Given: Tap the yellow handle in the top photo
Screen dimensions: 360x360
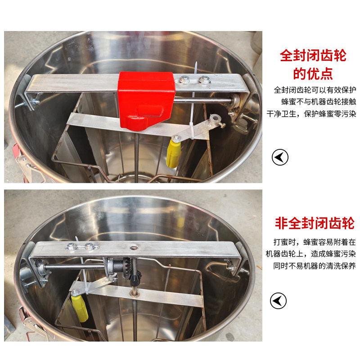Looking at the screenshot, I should pyautogui.click(x=173, y=153).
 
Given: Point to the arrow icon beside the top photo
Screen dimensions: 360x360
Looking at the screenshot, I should pyautogui.click(x=280, y=157).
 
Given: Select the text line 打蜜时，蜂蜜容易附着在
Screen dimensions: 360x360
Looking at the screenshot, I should pyautogui.click(x=314, y=242).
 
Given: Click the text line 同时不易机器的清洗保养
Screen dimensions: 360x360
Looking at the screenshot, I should pyautogui.click(x=314, y=265).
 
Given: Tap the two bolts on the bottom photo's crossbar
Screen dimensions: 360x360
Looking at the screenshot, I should pyautogui.click(x=80, y=247).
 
